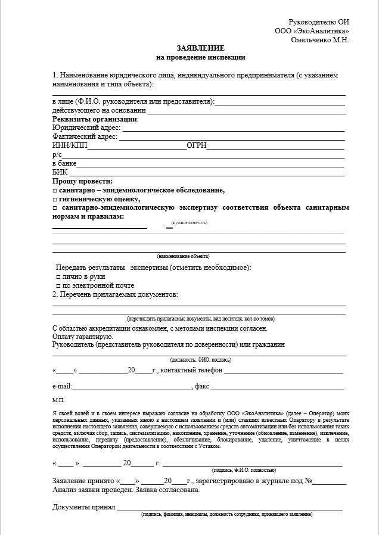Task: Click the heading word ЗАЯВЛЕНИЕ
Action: pos(200,48)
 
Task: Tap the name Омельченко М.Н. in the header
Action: pos(319,40)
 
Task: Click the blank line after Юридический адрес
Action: pos(233,129)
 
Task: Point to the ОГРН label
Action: pos(197,146)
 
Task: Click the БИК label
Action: pos(60,172)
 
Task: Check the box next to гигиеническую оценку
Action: pos(54,199)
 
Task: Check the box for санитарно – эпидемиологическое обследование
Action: pos(54,190)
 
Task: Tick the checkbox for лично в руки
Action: pos(58,277)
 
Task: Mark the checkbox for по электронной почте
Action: pos(58,285)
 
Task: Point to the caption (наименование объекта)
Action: pos(183,256)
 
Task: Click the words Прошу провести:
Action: pos(82,181)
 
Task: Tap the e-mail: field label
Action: pos(63,387)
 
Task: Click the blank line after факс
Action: pos(277,388)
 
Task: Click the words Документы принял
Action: pos(83,507)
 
